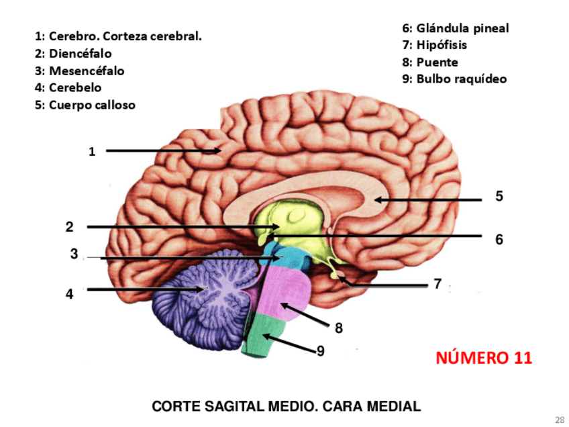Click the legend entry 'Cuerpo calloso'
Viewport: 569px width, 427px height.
85,105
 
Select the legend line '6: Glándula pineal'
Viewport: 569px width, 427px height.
456,28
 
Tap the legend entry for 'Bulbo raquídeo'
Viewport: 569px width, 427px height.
454,79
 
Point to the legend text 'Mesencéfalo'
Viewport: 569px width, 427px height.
80,70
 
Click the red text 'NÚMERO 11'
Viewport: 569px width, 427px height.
484,358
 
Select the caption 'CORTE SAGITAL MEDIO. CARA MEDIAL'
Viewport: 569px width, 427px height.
286,406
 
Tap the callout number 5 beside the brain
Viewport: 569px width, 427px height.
499,196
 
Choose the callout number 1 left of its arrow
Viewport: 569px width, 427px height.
92,152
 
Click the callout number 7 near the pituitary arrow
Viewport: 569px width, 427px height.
437,284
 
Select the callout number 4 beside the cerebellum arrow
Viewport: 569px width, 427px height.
69,293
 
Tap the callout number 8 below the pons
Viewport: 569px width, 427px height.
339,328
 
